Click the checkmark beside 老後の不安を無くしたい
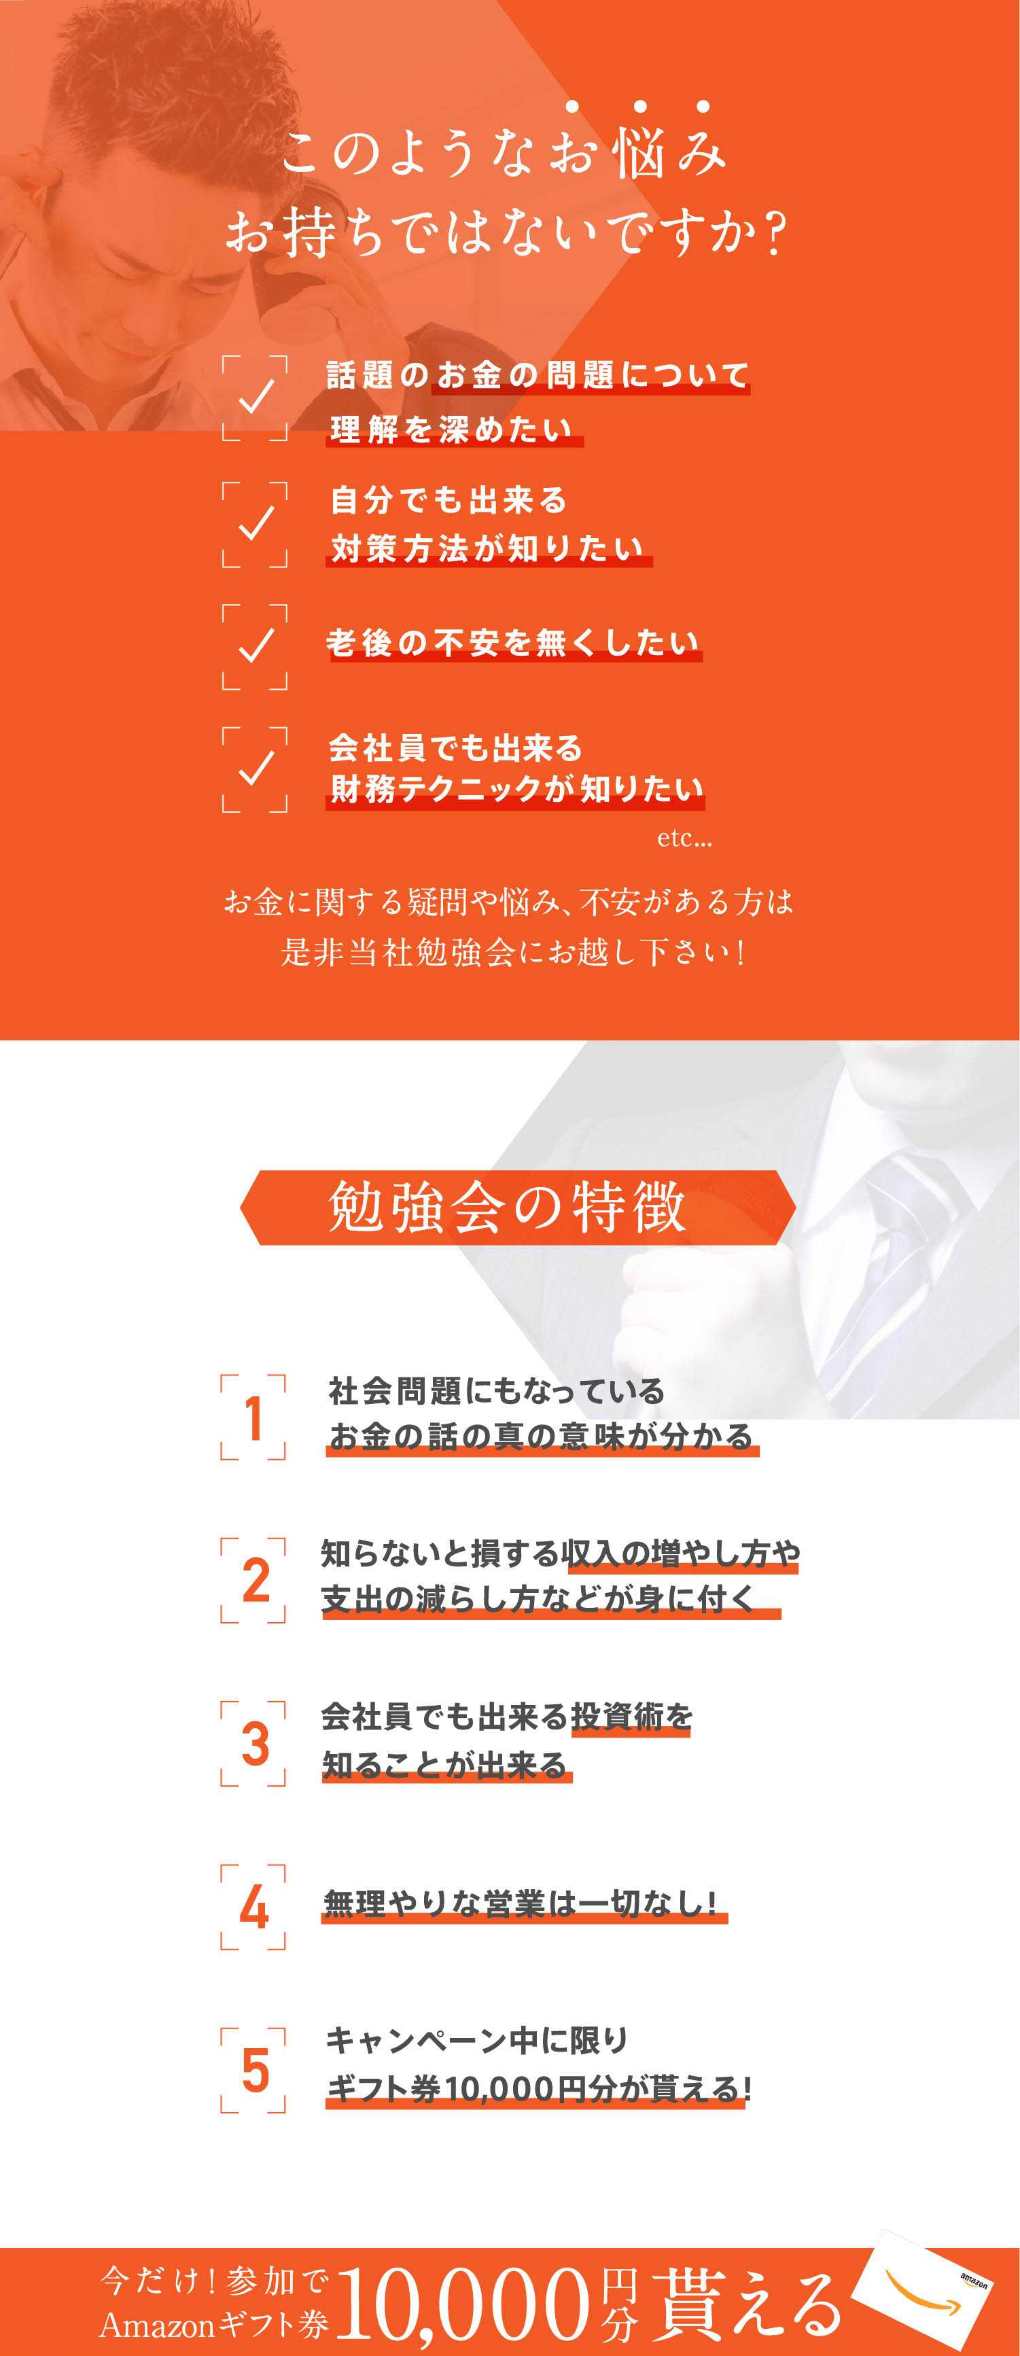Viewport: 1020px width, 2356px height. pyautogui.click(x=256, y=646)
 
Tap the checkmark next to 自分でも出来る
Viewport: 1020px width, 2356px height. pyautogui.click(x=256, y=523)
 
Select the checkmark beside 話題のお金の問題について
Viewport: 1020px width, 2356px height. pyautogui.click(x=256, y=396)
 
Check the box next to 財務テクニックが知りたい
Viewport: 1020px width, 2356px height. pyautogui.click(x=256, y=769)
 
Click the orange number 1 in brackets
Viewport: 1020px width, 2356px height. pyautogui.click(x=253, y=1417)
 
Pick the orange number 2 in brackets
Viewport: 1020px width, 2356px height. pyautogui.click(x=256, y=1579)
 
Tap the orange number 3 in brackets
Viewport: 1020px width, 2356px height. pyautogui.click(x=256, y=1743)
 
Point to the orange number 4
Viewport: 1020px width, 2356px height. pyautogui.click(x=254, y=1907)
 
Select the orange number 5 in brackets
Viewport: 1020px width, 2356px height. pyautogui.click(x=256, y=2071)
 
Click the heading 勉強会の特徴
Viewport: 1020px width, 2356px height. pyautogui.click(x=508, y=1208)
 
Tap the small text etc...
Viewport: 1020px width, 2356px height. pyautogui.click(x=684, y=839)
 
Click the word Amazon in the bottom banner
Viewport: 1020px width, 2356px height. pyautogui.click(x=156, y=2325)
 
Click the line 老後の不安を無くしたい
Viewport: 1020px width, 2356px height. pyautogui.click(x=513, y=643)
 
